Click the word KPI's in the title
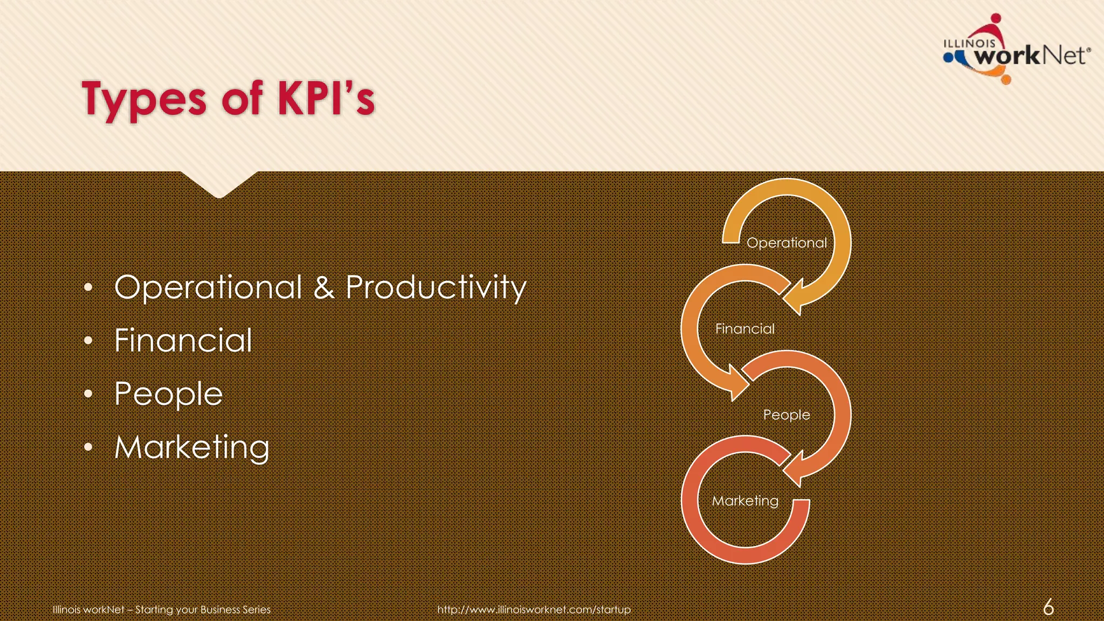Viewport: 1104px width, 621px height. [326, 98]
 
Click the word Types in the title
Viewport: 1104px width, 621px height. [144, 100]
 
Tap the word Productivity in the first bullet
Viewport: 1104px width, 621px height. [436, 287]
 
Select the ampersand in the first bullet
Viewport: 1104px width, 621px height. [323, 287]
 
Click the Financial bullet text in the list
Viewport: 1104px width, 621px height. [183, 341]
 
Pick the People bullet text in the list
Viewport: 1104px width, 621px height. [169, 394]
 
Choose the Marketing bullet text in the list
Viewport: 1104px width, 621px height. [192, 447]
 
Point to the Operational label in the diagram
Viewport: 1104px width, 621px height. [786, 243]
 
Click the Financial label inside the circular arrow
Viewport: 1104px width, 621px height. [744, 329]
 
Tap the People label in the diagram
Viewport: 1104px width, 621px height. [786, 415]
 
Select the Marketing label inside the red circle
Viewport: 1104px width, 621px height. [745, 501]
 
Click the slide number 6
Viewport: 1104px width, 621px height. [1048, 607]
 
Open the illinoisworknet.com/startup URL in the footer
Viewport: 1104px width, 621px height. [534, 610]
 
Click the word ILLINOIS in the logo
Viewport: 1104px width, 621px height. [969, 43]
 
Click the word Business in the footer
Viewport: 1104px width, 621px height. [220, 610]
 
